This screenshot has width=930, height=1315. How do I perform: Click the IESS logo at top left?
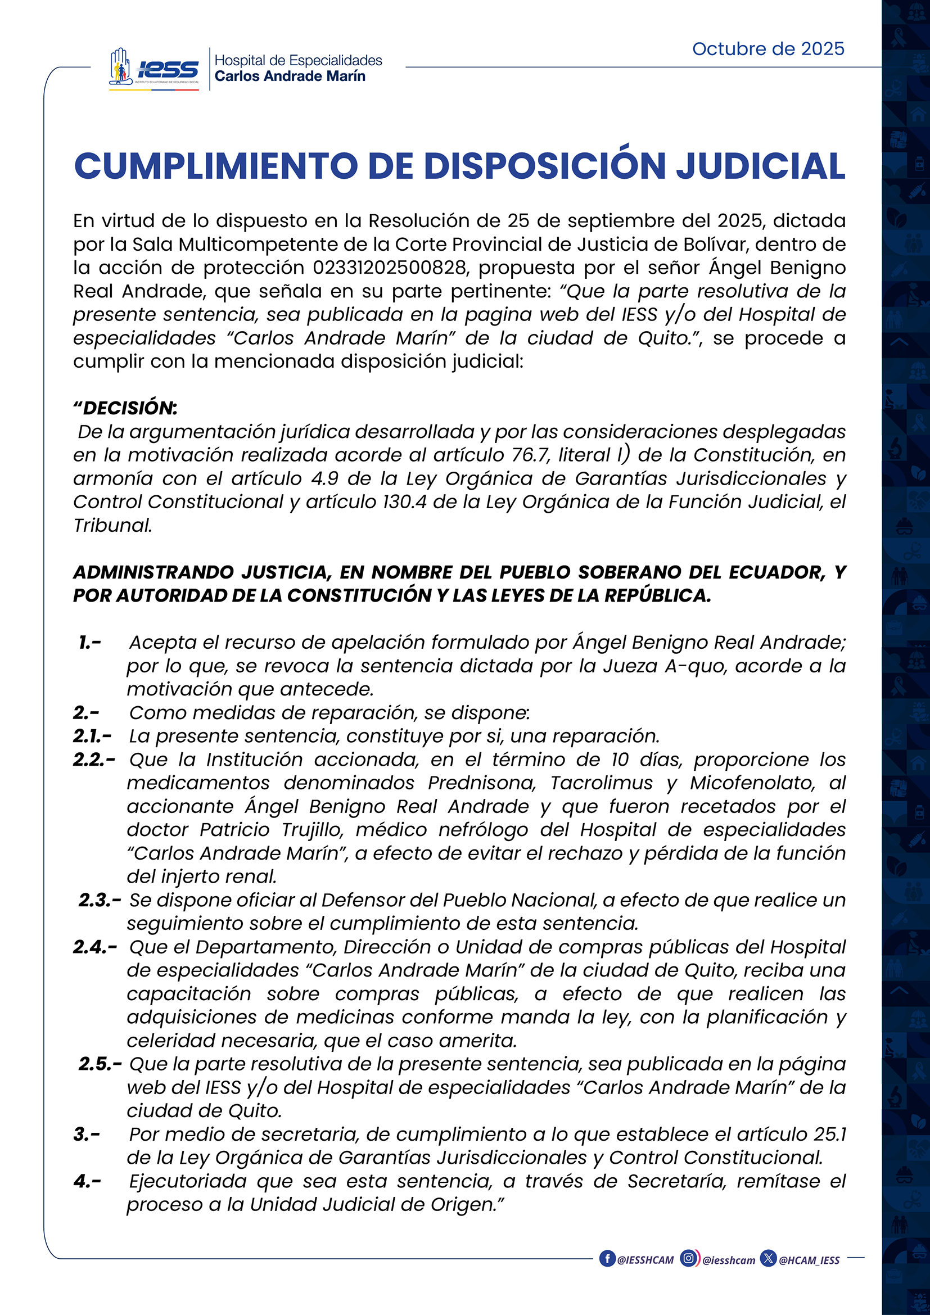(x=155, y=69)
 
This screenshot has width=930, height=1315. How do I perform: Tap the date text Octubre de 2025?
(x=768, y=49)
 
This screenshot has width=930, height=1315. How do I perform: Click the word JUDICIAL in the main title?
(x=761, y=166)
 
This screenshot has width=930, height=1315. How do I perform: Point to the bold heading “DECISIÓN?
(x=125, y=408)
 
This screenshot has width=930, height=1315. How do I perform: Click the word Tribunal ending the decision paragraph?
(x=113, y=525)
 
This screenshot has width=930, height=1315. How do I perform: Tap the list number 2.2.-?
(x=94, y=760)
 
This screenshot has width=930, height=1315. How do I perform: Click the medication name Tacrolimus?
(x=601, y=783)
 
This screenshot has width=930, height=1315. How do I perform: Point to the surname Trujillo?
(x=313, y=830)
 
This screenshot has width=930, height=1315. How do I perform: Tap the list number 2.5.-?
(x=100, y=1064)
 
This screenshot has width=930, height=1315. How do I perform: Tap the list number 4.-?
(x=87, y=1182)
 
